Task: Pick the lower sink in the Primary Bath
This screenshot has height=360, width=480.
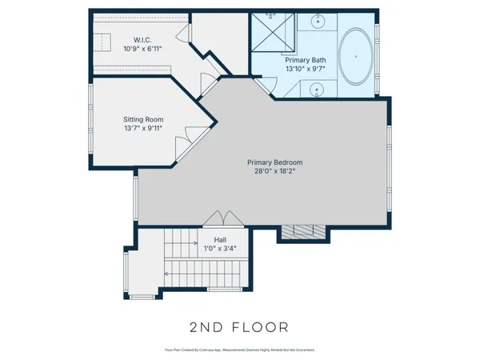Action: pos(318,90)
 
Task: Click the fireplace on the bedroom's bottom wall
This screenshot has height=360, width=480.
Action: pos(302,232)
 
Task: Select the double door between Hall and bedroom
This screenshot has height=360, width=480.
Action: pos(220,220)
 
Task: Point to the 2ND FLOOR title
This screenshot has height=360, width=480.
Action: pos(239,326)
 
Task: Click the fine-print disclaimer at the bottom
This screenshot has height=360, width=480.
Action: pos(239,350)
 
